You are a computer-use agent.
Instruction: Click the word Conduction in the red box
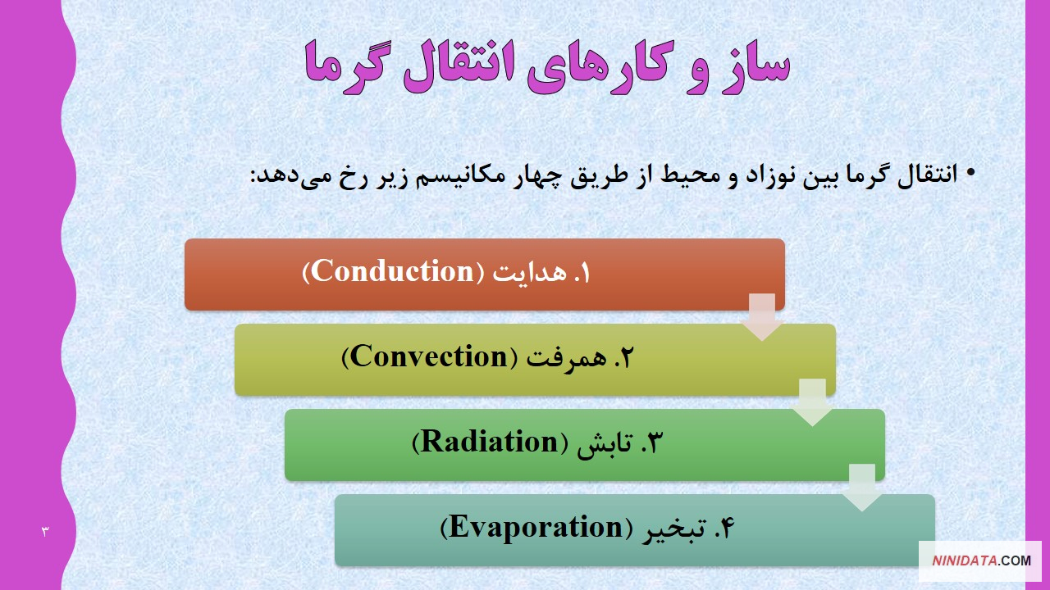[x=393, y=270]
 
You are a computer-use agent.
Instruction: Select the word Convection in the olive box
[x=429, y=356]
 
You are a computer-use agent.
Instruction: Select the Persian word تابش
[x=605, y=442]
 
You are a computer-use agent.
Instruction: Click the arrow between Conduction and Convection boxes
[x=762, y=316]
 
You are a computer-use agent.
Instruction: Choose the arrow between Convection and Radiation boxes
[x=812, y=402]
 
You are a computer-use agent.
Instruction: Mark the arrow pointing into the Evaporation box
[x=861, y=488]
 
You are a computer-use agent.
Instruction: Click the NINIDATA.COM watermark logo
[x=981, y=560]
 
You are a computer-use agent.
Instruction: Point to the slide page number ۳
[x=45, y=532]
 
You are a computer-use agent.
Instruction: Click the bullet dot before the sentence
[x=970, y=173]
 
